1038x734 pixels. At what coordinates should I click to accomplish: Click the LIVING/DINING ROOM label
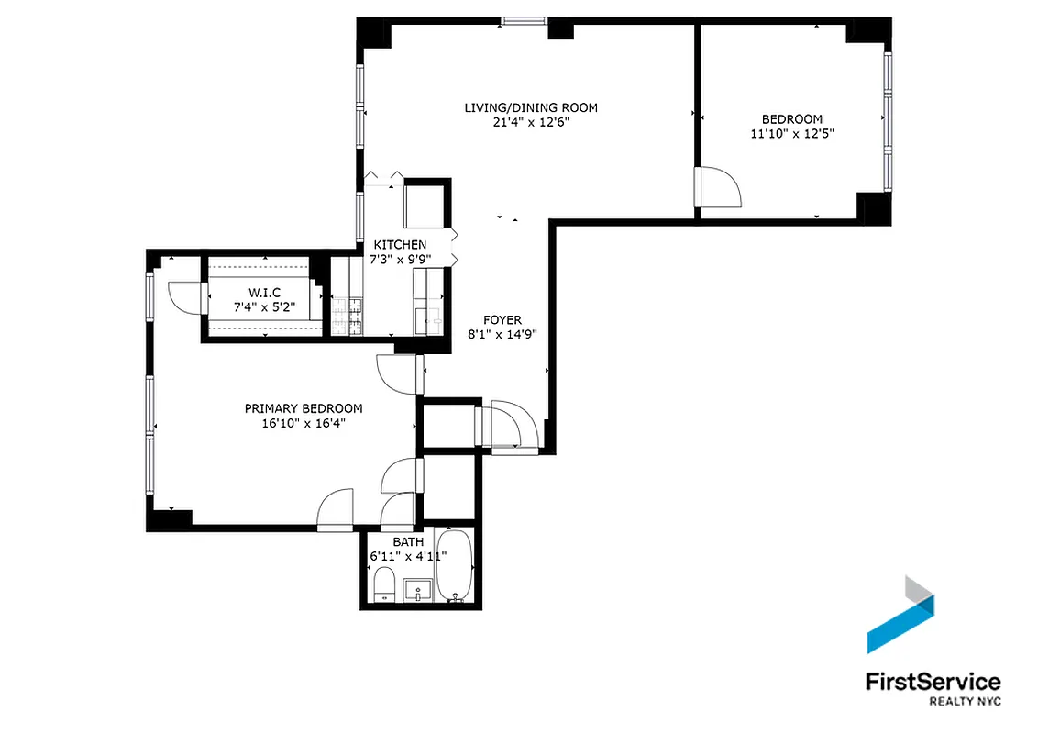tap(530, 108)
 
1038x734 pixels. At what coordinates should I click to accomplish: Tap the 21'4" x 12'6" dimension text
tap(530, 122)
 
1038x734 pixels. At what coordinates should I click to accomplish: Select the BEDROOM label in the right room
tap(792, 119)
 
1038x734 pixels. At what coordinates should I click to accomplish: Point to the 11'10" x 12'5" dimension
tap(792, 133)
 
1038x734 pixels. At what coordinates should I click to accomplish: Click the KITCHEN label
tap(400, 245)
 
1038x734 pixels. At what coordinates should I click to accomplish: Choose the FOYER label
tap(502, 320)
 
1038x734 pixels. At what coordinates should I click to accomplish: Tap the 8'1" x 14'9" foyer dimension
tap(502, 334)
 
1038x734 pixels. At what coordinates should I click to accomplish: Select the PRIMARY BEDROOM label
tap(304, 408)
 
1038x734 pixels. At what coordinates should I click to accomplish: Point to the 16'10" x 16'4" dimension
tap(304, 423)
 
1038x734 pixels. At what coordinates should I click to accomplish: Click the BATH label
tap(408, 542)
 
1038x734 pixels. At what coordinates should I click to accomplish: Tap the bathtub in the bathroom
tap(454, 567)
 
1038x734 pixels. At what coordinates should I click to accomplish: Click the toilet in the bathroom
tap(384, 584)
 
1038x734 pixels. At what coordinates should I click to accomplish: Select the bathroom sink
tap(418, 589)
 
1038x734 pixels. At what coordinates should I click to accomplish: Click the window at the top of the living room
tap(525, 21)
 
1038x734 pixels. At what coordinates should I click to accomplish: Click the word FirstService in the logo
tap(933, 682)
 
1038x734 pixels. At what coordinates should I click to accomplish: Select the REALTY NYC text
tap(965, 702)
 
